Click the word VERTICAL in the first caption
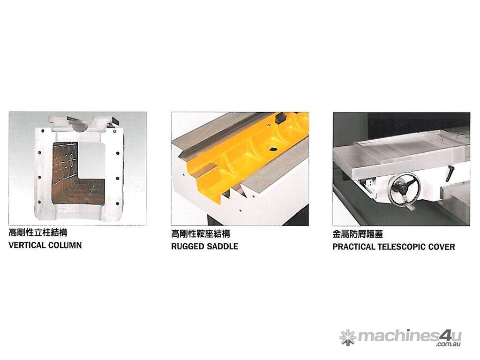coord(27,245)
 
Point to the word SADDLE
coord(222,247)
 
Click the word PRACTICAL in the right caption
coord(353,247)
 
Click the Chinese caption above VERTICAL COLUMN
coord(38,232)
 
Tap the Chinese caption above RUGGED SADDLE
coord(201,234)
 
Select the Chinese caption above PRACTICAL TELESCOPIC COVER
coord(358,234)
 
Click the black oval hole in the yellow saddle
coord(273,149)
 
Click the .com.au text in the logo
coord(449,344)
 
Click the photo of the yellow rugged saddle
coord(240,169)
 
